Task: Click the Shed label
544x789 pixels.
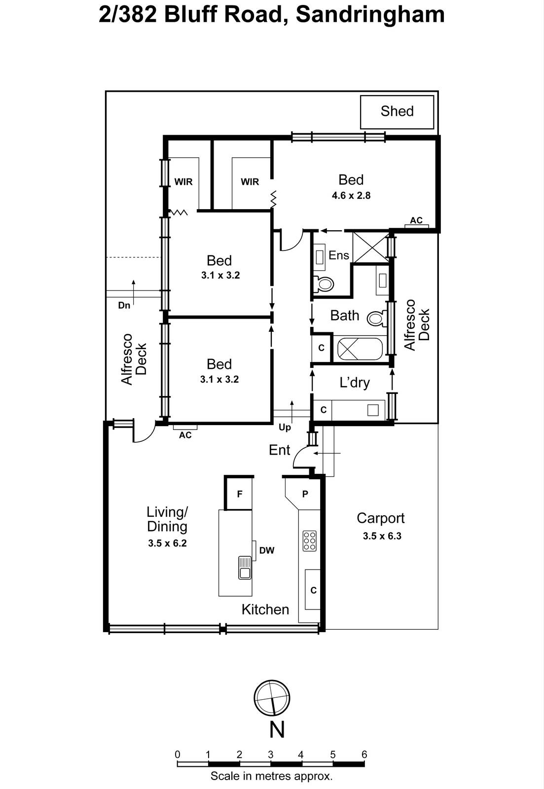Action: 397,111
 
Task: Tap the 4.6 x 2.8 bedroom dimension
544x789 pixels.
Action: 351,195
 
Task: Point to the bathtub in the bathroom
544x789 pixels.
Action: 360,350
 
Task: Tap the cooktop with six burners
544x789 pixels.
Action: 310,541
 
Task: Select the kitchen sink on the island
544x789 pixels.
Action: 245,567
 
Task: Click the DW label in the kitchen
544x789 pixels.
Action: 267,550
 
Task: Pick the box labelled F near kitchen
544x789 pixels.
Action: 240,494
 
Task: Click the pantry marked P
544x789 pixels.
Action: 305,494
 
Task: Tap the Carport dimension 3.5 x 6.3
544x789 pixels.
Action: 382,536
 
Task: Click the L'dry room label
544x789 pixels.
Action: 354,383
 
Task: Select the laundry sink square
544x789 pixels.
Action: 373,409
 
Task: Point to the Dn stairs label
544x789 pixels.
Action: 124,305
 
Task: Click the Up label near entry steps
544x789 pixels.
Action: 285,427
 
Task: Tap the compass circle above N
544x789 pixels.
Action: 272,698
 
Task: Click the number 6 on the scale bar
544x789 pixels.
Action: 364,754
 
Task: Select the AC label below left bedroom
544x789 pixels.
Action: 185,435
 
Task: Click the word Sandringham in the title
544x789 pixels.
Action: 370,15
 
